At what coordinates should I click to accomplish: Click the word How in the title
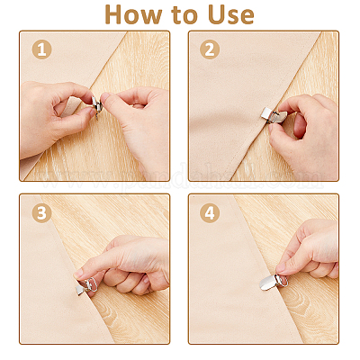point(133,14)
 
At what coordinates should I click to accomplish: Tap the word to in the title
point(184,15)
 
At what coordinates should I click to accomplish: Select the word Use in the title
point(231,14)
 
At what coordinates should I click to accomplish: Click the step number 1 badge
point(41,49)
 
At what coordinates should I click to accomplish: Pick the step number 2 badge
point(210,49)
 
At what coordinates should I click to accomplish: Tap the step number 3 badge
point(41,213)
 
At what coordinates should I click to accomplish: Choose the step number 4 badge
point(210,213)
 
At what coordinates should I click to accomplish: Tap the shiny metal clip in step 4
point(273,283)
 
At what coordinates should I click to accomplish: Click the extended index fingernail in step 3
point(78,274)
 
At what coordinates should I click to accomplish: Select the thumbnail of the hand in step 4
point(281,267)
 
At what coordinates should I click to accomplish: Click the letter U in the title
point(218,14)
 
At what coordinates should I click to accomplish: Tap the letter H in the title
point(114,14)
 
